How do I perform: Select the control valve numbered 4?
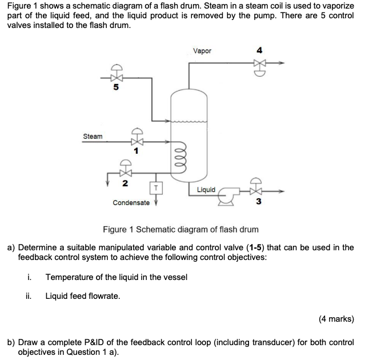[x=261, y=64]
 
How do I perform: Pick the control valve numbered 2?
[x=124, y=170]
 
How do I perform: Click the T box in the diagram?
[x=154, y=188]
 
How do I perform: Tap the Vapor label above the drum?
[x=202, y=51]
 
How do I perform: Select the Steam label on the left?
[x=93, y=137]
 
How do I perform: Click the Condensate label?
[x=131, y=203]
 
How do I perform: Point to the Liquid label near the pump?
[x=206, y=190]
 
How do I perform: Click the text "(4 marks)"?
[x=336, y=319]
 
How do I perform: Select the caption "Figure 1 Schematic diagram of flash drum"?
[x=181, y=230]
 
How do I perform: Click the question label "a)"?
[x=11, y=247]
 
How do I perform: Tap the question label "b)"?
[x=11, y=342]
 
